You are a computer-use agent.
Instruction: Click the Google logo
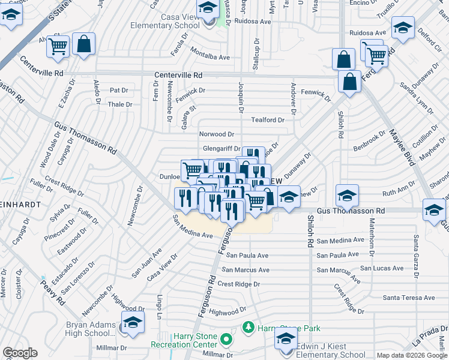[x=20, y=353]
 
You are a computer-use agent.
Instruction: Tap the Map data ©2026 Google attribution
[x=412, y=355]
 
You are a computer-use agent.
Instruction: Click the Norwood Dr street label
[x=216, y=134]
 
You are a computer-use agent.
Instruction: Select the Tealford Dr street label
[x=267, y=120]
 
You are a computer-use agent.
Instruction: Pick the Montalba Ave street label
[x=210, y=57]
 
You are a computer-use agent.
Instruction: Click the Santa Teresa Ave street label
[x=409, y=298]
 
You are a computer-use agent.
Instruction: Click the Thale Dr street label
[x=119, y=104]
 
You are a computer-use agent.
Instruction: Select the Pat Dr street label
[x=119, y=90]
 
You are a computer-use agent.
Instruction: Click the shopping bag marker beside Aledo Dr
[x=83, y=44]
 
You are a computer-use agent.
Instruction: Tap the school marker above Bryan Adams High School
[x=133, y=321]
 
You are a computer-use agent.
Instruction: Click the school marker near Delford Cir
[x=402, y=28]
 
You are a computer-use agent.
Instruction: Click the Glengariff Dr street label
[x=221, y=149]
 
